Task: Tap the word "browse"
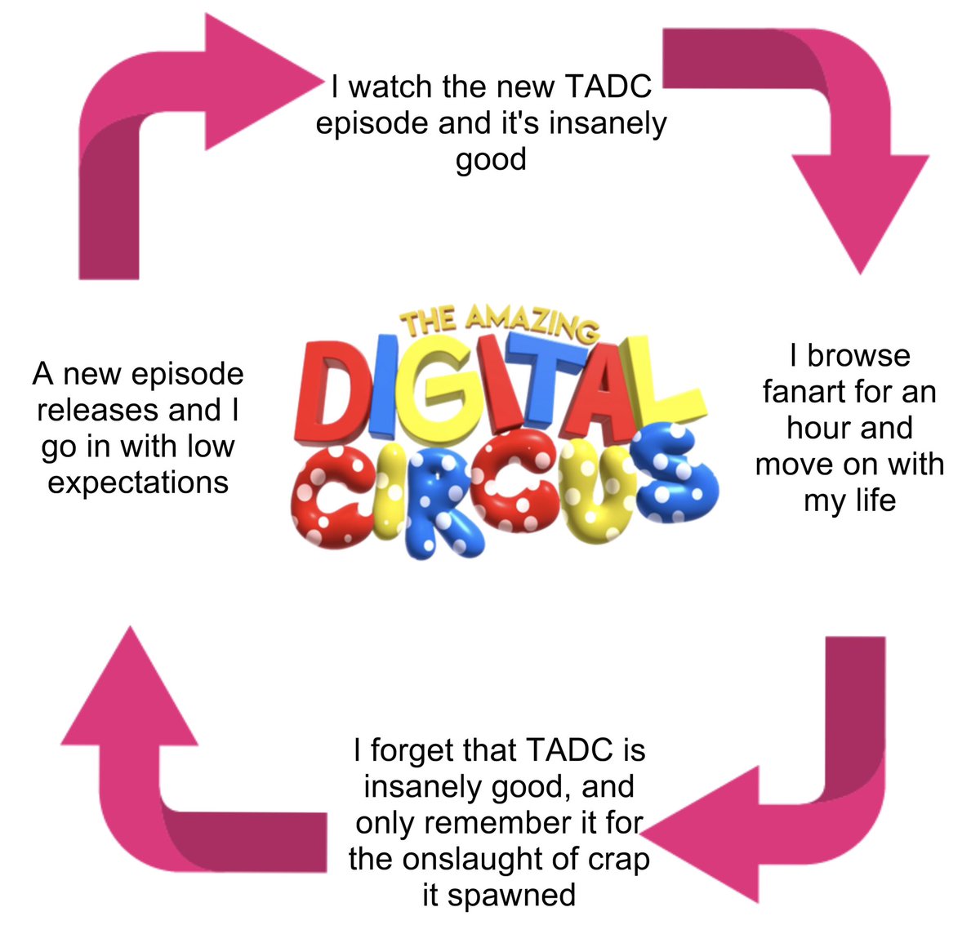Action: [858, 356]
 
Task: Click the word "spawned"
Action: [511, 895]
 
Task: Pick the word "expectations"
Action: [138, 482]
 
